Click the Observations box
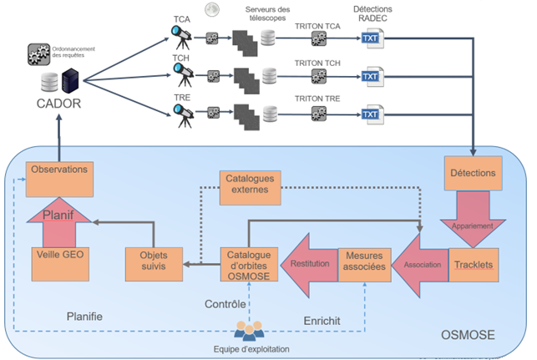tap(59, 169)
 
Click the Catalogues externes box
tap(248, 186)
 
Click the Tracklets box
tap(474, 263)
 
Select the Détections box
tap(473, 173)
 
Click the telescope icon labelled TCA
tap(180, 35)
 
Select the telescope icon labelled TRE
tap(180, 114)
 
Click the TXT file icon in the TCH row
tap(370, 76)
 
